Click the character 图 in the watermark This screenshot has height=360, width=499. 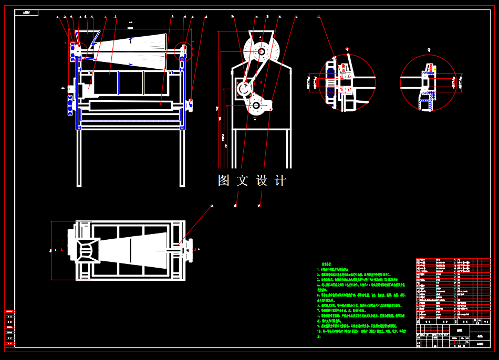[224, 181]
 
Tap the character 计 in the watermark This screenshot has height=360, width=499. [281, 181]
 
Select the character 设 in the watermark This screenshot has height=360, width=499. [262, 181]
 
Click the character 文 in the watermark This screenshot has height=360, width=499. [242, 181]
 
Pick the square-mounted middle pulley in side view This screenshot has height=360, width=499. [245, 89]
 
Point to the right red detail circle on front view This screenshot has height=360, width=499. [184, 51]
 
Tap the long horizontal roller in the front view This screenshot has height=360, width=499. [131, 105]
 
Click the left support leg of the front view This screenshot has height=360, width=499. [79, 157]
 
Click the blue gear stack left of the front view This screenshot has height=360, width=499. [70, 100]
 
